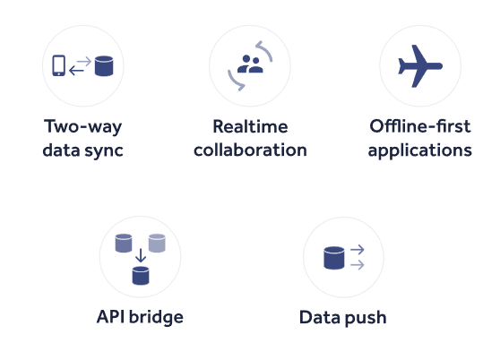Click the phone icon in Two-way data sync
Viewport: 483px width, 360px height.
pos(58,65)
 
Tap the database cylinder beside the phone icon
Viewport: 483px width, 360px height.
pos(104,65)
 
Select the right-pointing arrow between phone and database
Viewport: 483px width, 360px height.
pos(83,62)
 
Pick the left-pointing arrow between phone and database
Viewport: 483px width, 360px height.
pos(77,71)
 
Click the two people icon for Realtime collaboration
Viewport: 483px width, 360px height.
pos(250,64)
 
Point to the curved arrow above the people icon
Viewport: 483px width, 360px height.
pos(265,50)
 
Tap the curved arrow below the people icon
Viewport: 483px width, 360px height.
pos(235,81)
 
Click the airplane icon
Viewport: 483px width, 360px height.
pos(420,66)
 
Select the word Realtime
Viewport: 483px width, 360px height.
pos(250,126)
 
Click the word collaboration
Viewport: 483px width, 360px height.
pos(250,150)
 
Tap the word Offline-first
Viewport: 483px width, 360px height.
pos(420,126)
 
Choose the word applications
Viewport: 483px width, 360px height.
pos(420,151)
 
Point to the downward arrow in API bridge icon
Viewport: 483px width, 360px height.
pos(141,255)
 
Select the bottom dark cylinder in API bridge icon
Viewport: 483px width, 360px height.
pos(141,276)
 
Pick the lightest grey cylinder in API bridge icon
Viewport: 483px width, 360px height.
pos(157,243)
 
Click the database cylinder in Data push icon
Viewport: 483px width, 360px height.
pos(334,258)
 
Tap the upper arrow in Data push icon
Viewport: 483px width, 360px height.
pos(358,250)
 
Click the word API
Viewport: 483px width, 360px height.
pos(110,317)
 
